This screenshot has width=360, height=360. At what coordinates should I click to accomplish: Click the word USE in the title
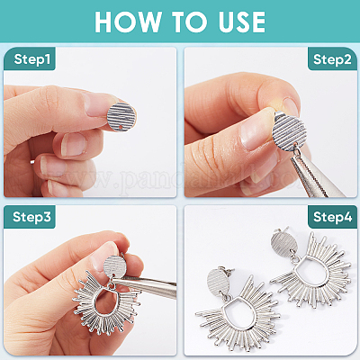242,22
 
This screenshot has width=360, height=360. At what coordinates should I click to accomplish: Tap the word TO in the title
189,22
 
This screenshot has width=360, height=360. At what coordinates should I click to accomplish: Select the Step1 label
31,59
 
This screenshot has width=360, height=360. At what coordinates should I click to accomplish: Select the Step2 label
332,59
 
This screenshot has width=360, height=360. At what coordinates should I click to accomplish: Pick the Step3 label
31,217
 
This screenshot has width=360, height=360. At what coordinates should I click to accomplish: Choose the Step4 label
332,217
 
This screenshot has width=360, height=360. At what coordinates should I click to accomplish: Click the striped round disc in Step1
121,117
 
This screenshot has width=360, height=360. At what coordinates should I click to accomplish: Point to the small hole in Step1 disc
121,128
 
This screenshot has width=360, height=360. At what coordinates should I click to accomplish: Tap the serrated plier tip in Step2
309,174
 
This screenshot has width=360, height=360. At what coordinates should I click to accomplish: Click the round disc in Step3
115,265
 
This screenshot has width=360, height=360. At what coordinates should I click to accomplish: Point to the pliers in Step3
144,284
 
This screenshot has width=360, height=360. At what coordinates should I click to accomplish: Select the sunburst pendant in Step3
106,303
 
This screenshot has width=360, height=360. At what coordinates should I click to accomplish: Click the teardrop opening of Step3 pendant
105,302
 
